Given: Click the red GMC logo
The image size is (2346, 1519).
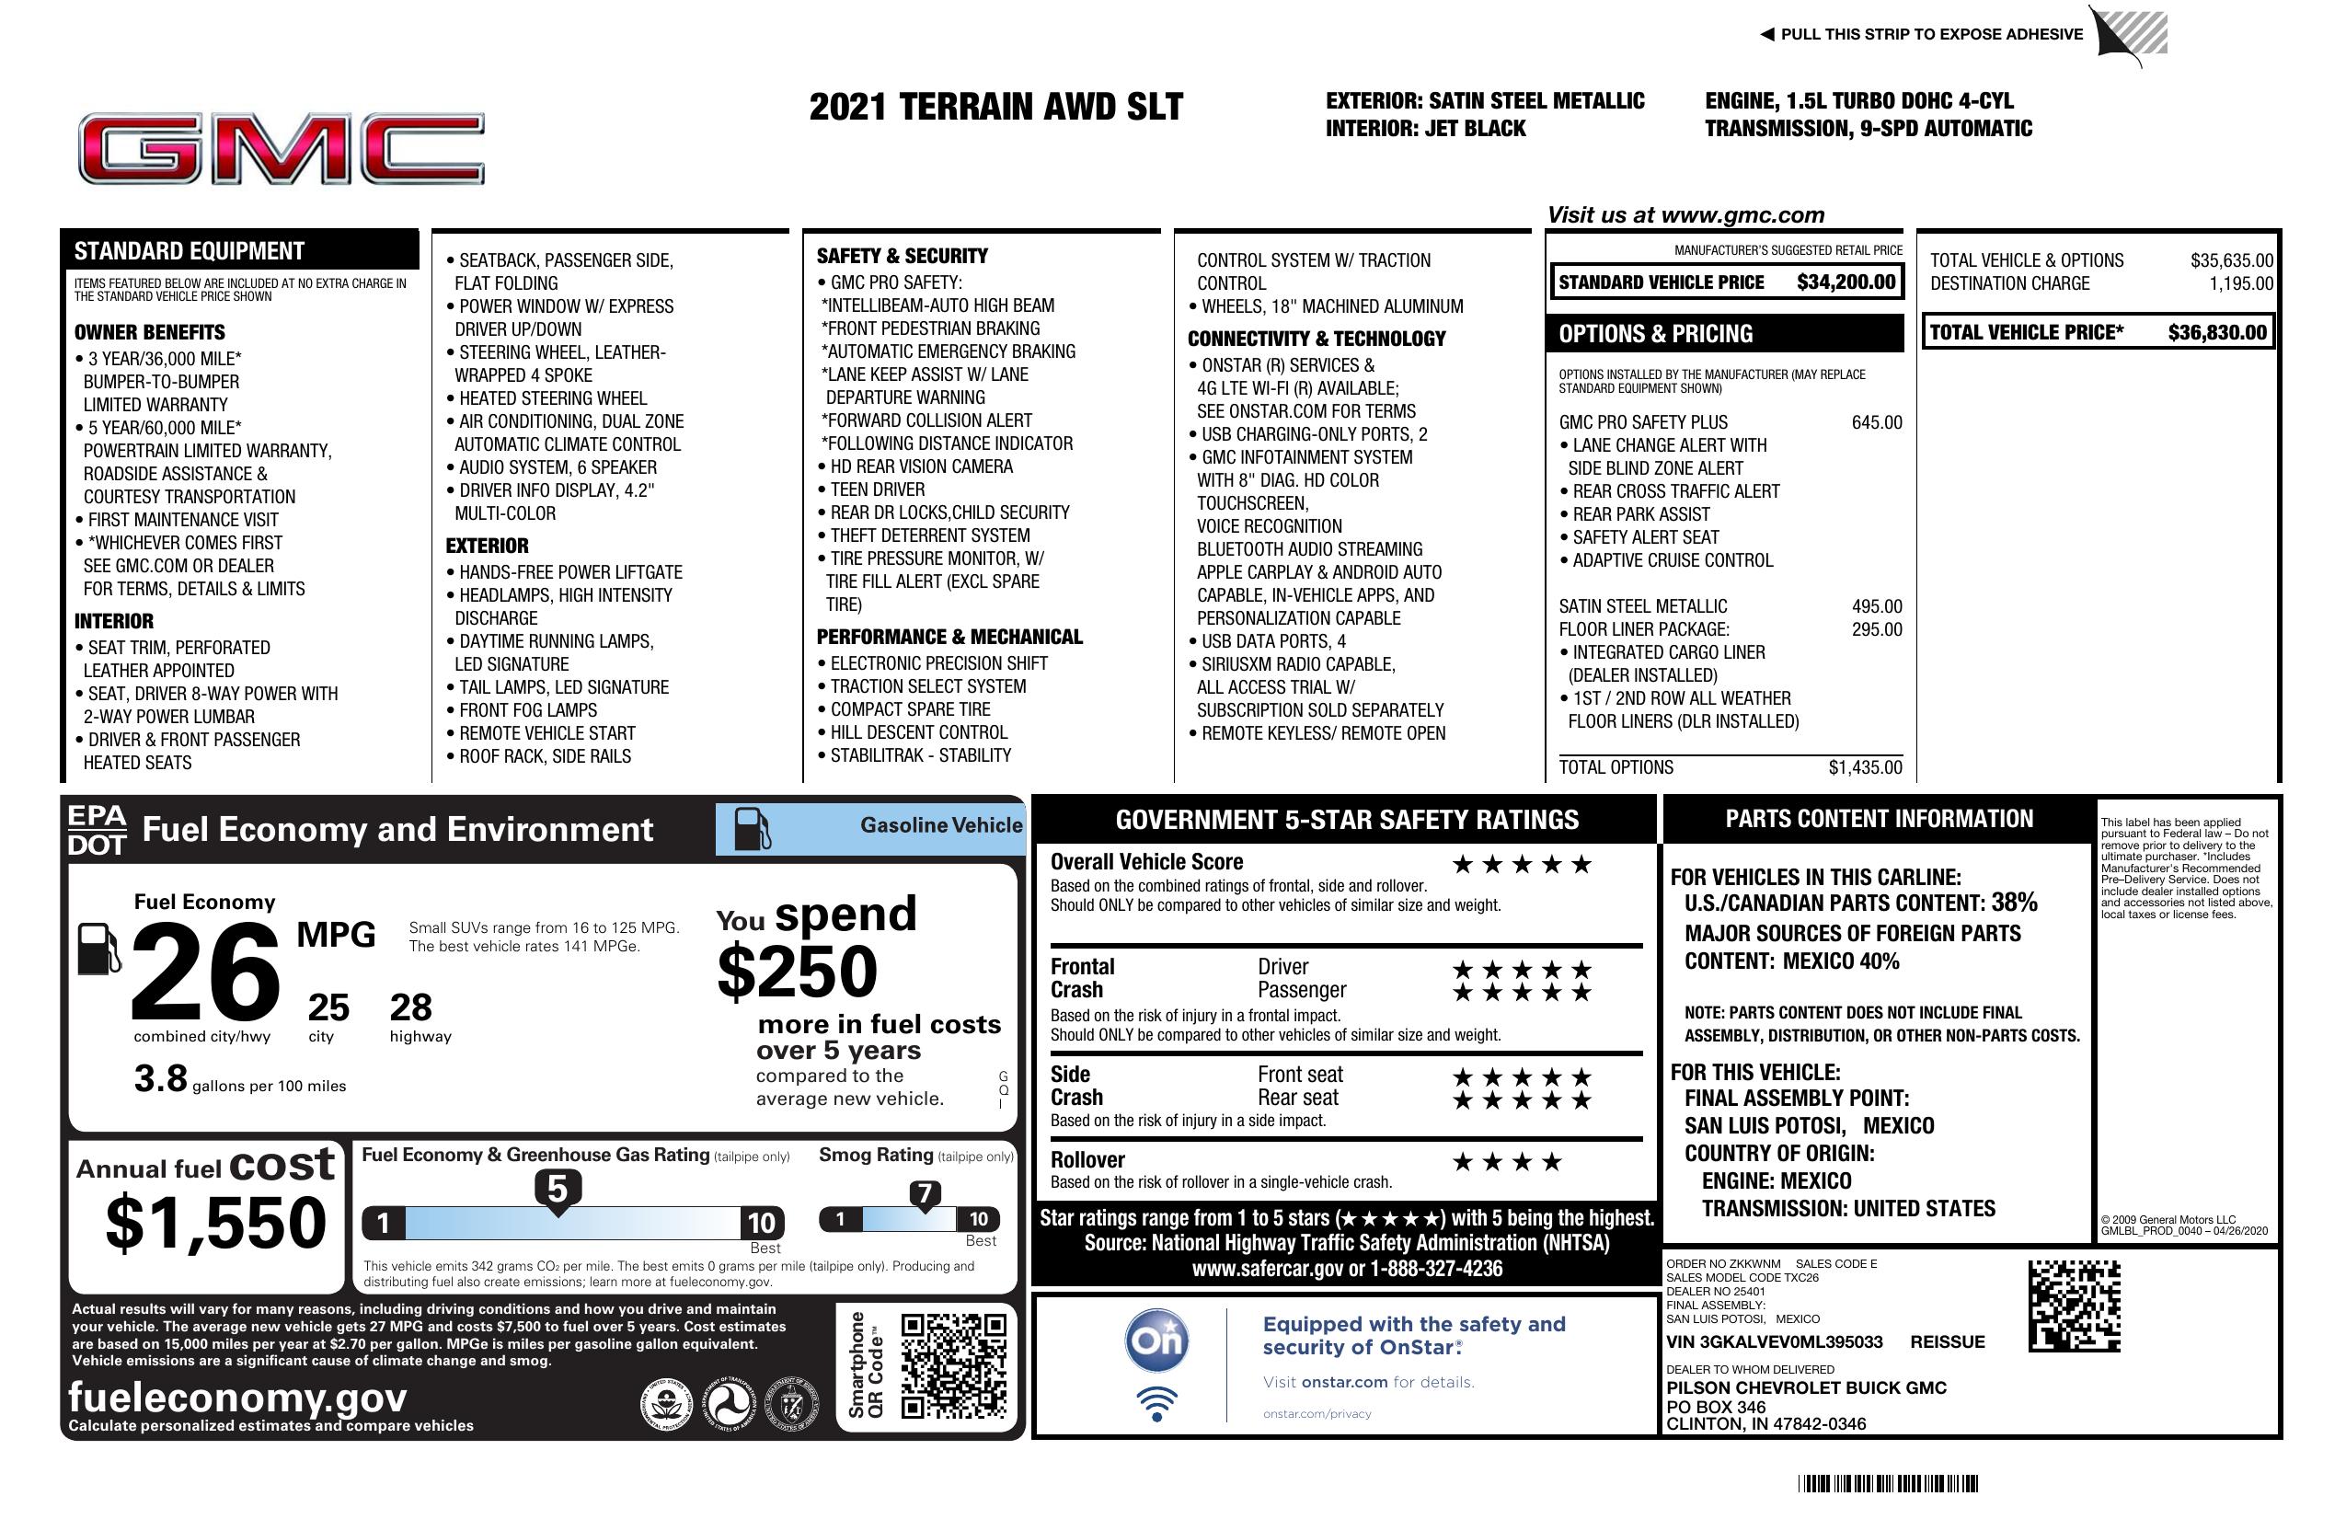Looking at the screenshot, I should [x=282, y=149].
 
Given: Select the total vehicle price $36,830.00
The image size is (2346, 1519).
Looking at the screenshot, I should [x=2217, y=332].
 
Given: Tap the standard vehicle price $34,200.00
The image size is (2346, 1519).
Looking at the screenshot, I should [x=1846, y=282].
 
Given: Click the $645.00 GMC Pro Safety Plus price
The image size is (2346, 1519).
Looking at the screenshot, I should [x=1876, y=423].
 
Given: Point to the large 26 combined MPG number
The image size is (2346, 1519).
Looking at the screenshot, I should [x=205, y=972].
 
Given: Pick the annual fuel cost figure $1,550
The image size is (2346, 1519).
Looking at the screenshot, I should [x=215, y=1223].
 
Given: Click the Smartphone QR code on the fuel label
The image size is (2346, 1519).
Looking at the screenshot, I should [x=953, y=1365].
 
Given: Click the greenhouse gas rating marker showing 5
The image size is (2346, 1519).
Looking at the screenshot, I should [x=557, y=1190].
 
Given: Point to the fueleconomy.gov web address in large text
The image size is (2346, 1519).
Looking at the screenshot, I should [x=237, y=1398].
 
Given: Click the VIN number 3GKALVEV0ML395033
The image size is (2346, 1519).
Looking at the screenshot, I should [x=1774, y=1341].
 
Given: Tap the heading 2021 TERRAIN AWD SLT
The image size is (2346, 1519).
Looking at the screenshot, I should [x=995, y=108].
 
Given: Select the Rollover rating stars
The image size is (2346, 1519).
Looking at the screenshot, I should [x=1506, y=1162].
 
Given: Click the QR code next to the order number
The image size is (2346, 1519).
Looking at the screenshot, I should [x=2074, y=1306].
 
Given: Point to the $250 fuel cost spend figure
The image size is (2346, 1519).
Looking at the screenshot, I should [x=798, y=971].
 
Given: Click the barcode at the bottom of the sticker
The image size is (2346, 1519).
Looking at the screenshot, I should [x=1887, y=1483].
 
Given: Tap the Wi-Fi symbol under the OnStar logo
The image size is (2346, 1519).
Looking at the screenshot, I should [x=1156, y=1403].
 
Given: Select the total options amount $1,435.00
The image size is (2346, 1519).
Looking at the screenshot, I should [x=1865, y=768].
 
